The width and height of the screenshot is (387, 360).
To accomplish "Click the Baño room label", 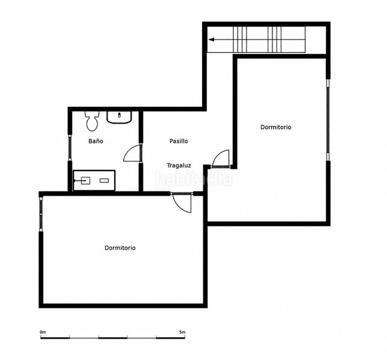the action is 96,141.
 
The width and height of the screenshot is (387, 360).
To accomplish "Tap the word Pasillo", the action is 179,141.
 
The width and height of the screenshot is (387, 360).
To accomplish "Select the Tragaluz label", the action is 179,166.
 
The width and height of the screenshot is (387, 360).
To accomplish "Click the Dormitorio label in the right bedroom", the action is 275,127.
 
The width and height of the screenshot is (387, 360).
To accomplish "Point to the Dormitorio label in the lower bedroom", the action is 120,248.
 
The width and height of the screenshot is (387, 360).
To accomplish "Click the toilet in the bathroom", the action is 92,121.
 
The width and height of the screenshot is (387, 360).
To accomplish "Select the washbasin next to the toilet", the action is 119,117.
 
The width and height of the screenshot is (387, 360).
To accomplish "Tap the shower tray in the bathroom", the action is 94,181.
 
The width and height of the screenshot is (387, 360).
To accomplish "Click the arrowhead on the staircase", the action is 211,40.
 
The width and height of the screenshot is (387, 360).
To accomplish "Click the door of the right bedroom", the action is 220,158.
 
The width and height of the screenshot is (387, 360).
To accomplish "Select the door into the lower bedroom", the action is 182,202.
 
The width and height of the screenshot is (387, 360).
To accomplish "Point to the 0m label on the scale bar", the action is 43,332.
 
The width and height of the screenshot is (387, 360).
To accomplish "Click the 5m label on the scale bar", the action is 182,332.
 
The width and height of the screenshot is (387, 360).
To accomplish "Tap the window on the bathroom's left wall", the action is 70,148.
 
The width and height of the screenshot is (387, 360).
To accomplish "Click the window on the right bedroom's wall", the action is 328,120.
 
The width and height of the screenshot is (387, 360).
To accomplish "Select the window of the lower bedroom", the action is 41,214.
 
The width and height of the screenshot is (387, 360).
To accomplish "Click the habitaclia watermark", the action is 193,179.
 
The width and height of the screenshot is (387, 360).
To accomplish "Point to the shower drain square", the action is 85,181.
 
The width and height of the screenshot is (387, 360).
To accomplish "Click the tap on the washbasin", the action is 119,115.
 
